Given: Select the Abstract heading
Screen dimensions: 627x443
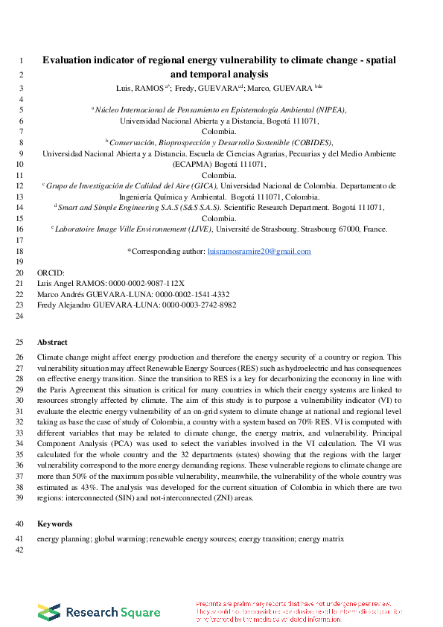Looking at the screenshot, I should pos(52,342).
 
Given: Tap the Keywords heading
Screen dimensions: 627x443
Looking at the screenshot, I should pos(54,523).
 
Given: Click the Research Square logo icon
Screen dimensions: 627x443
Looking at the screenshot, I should pos(49,611).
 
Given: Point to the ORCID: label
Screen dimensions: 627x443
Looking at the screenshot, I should pos(51,273).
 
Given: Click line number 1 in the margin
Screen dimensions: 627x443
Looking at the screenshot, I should pos(20,61).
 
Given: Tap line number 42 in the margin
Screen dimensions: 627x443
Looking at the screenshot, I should pos(20,550).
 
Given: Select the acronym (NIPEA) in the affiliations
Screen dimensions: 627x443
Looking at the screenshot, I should pos(328,109).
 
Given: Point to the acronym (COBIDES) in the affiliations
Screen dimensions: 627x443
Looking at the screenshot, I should pos(310,142).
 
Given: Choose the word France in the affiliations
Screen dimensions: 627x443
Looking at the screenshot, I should pos(374,229).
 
